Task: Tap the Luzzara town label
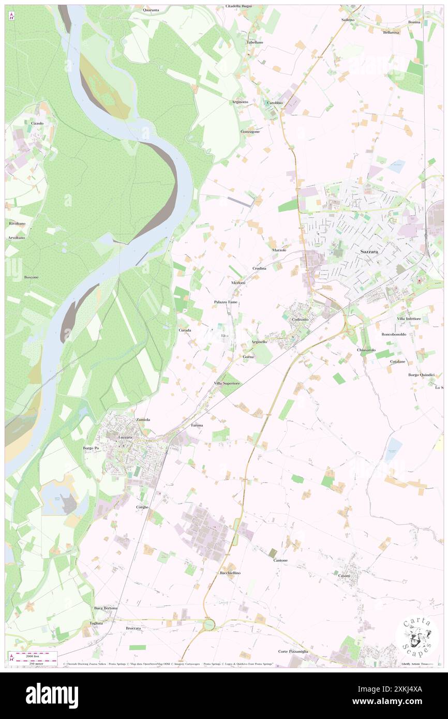(x=126, y=437)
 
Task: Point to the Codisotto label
(x=300, y=320)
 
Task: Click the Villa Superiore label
(x=227, y=383)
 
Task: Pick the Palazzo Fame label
(x=226, y=302)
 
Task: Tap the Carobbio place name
(x=275, y=102)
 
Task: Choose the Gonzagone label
(x=250, y=131)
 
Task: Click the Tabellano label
(x=255, y=42)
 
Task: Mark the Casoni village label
(x=344, y=576)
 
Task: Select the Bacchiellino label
(x=230, y=573)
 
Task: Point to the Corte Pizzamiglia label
(x=293, y=651)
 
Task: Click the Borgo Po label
(x=91, y=447)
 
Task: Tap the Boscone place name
(x=31, y=277)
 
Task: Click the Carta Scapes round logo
(x=417, y=636)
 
